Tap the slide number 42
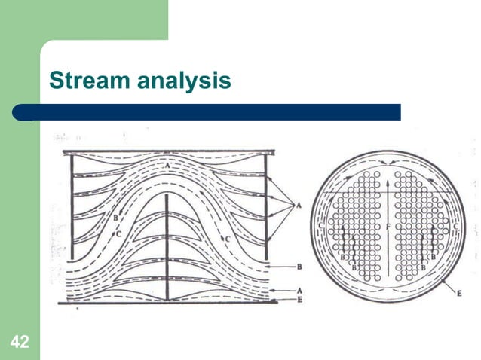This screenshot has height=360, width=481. pyautogui.click(x=20, y=343)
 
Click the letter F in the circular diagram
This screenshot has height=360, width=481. pyautogui.click(x=388, y=225)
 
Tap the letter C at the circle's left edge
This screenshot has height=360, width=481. pyautogui.click(x=321, y=225)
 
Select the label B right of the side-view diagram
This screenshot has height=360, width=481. pyautogui.click(x=299, y=266)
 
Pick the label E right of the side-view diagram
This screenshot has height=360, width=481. pyautogui.click(x=299, y=300)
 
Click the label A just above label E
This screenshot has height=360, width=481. pyautogui.click(x=299, y=290)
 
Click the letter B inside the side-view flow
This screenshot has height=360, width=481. pyautogui.click(x=115, y=218)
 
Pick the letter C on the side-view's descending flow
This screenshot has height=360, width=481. pyautogui.click(x=227, y=239)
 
